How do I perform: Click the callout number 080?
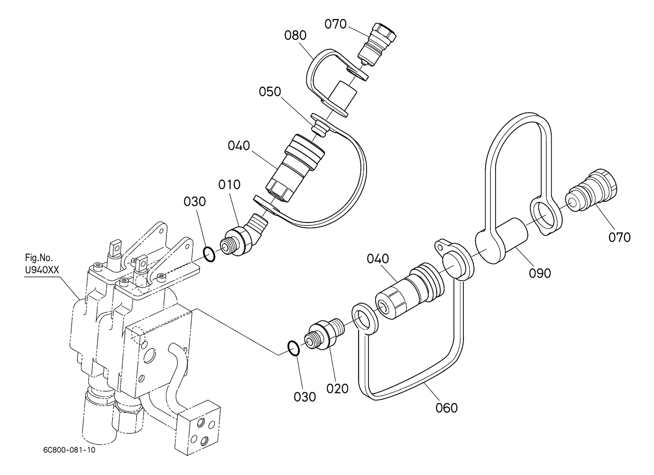click(x=295, y=35)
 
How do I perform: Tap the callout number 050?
click(x=270, y=92)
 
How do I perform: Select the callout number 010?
click(x=230, y=185)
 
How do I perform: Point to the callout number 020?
click(x=338, y=389)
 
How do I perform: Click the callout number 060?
click(x=447, y=408)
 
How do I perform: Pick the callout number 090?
click(x=540, y=273)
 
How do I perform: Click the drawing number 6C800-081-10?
click(x=69, y=450)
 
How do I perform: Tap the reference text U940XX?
click(x=42, y=270)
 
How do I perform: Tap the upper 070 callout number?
click(x=336, y=24)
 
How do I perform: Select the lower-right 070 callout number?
click(x=619, y=237)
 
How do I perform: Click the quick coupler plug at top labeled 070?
click(x=376, y=45)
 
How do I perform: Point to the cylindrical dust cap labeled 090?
click(x=502, y=241)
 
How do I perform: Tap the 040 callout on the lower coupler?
click(x=378, y=259)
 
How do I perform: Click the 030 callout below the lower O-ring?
click(x=305, y=397)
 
